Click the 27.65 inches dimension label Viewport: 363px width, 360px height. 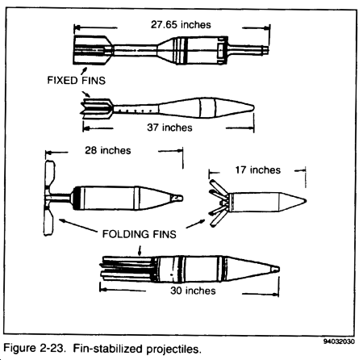[181, 24]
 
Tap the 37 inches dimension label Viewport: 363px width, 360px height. [169, 128]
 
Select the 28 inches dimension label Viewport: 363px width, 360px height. [108, 150]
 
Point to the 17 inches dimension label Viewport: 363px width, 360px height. [258, 170]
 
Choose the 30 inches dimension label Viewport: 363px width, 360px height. [193, 291]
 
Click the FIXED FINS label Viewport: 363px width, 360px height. [77, 81]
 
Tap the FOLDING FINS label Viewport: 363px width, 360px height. [140, 234]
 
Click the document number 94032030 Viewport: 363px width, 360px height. [339, 341]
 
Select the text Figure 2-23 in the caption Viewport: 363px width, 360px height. [35, 348]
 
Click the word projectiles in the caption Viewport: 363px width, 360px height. [173, 350]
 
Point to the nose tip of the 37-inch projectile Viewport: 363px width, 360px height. [253, 108]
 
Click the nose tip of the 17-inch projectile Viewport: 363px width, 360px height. [306, 201]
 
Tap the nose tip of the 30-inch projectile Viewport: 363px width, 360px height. [278, 269]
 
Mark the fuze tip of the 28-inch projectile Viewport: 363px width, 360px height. [181, 199]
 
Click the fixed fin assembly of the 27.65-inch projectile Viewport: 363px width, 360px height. [93, 50]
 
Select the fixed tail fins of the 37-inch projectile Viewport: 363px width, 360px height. [97, 109]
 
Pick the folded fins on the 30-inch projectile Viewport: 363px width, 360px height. [127, 269]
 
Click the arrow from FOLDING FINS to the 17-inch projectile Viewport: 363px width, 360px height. [195, 224]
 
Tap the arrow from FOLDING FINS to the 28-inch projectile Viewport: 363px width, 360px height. [77, 225]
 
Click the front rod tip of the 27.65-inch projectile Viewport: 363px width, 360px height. [267, 50]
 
